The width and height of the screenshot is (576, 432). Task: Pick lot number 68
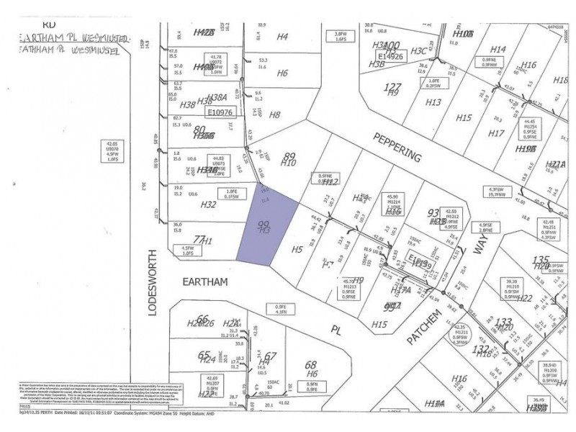[x=311, y=364]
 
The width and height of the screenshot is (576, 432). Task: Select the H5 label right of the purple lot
[x=297, y=250]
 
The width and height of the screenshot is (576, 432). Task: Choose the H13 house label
[x=433, y=102]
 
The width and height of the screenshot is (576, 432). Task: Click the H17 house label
[x=495, y=133]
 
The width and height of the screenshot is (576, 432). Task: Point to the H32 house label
[x=208, y=204]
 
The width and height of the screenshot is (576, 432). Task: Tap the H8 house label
[x=274, y=114]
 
